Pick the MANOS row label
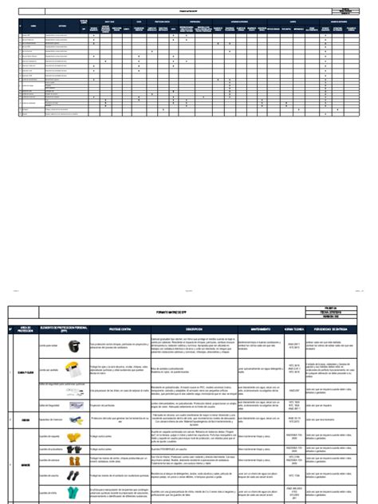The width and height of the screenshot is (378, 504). coord(25,464)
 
